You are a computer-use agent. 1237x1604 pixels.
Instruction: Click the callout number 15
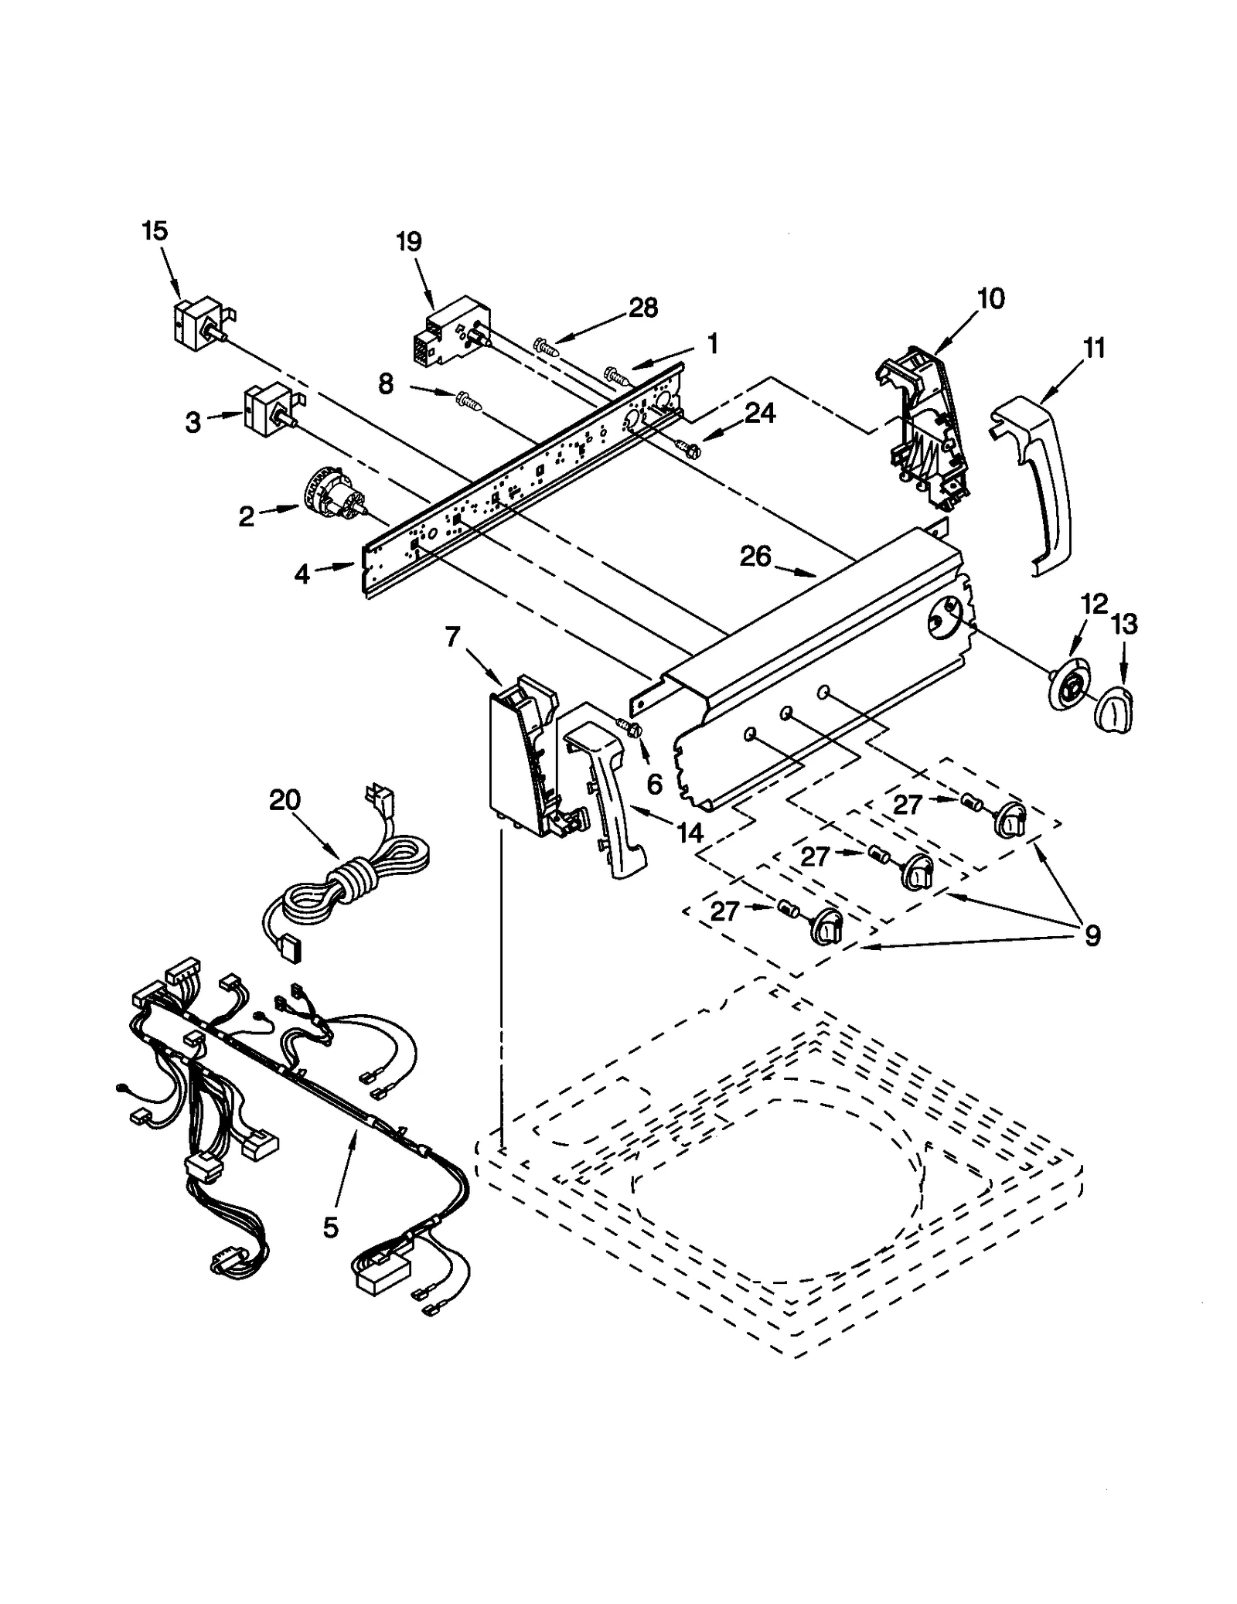[155, 230]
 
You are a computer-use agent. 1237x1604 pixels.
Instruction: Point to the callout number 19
[409, 242]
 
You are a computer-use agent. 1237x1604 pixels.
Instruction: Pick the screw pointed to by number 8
[469, 400]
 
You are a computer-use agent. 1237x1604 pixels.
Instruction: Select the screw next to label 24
[687, 446]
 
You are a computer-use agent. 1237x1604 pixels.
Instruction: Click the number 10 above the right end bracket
[991, 298]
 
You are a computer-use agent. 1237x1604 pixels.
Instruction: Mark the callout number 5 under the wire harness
[330, 1227]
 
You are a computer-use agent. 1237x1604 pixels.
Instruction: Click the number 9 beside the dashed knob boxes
[1092, 936]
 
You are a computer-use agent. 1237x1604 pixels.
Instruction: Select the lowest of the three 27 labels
[724, 911]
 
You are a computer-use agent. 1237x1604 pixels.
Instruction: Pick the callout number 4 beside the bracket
[302, 574]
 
